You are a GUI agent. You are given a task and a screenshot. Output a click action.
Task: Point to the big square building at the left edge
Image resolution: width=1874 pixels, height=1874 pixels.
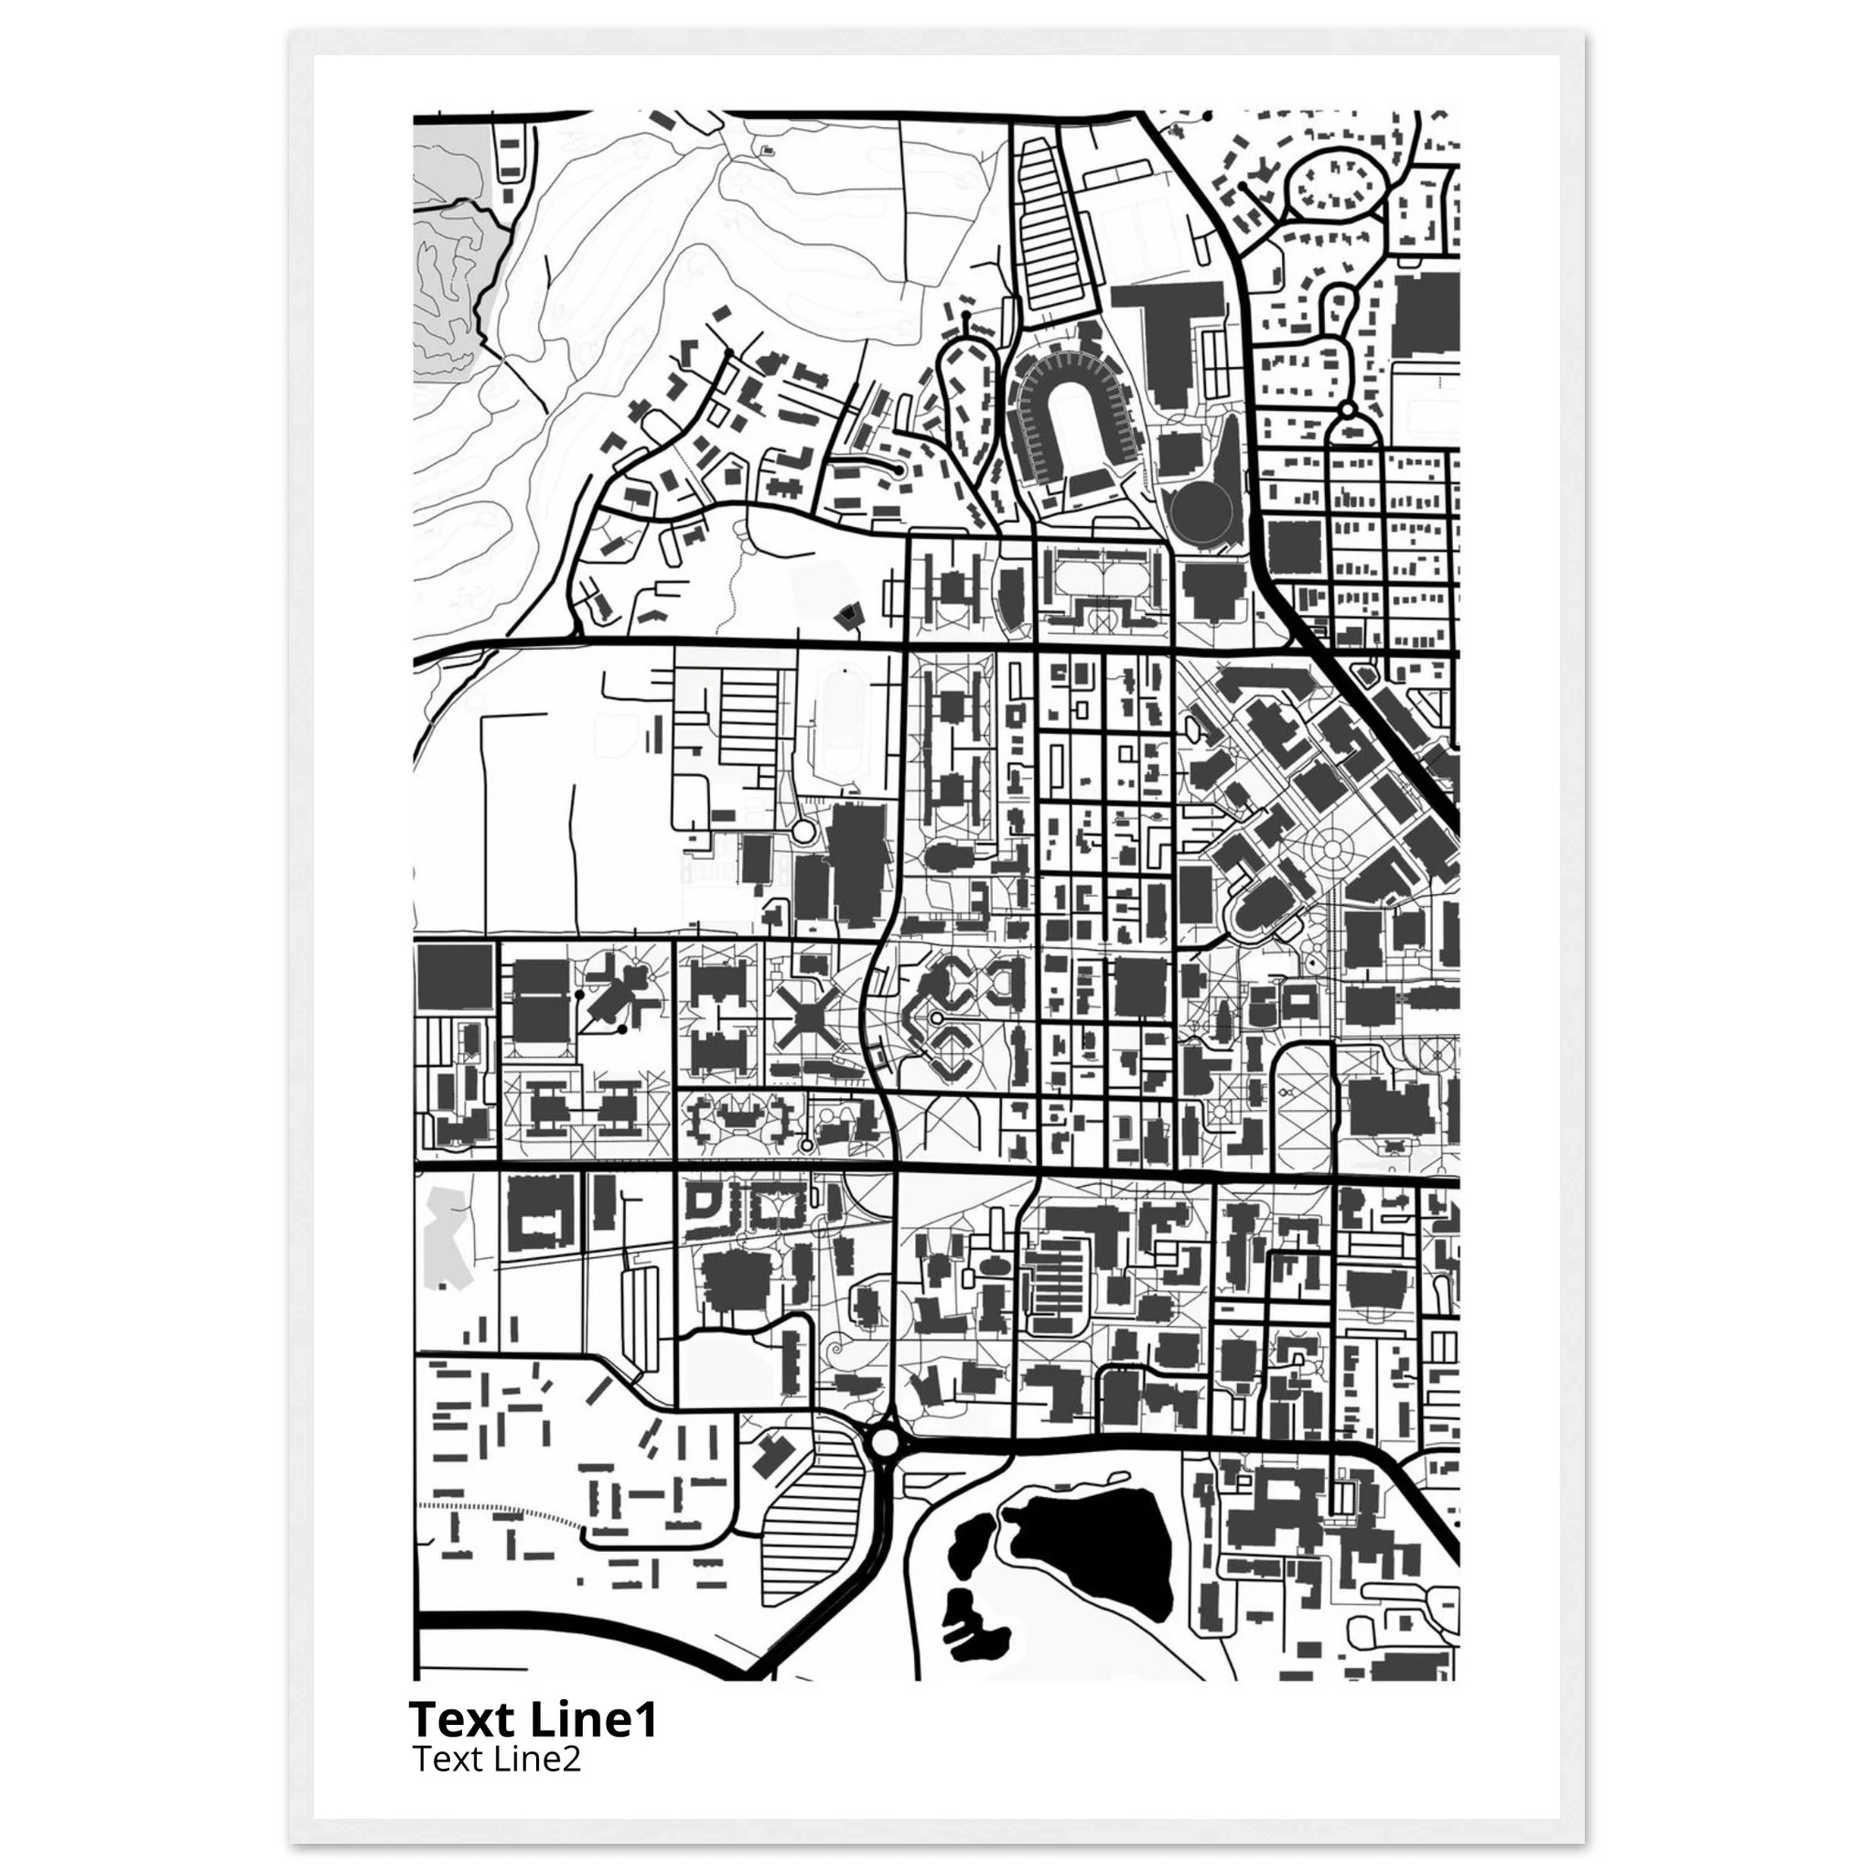coord(454,980)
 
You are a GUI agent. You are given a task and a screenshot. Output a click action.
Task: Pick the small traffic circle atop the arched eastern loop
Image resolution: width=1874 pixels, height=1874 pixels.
coord(1346,411)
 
